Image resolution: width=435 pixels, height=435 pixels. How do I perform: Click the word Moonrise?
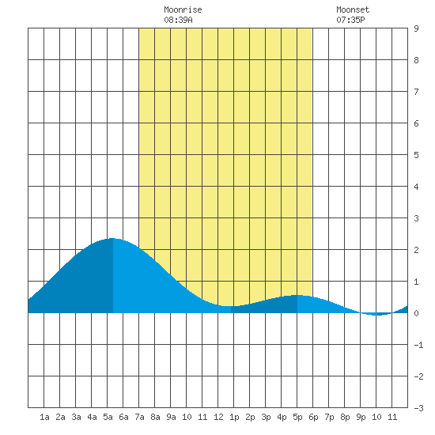click(x=183, y=9)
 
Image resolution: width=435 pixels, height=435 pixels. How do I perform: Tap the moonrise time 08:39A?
click(x=178, y=20)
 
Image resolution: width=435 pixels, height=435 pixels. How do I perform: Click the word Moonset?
click(x=353, y=9)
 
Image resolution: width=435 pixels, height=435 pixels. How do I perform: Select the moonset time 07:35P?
click(x=350, y=20)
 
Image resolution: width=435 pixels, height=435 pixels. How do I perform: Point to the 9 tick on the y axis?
click(x=416, y=28)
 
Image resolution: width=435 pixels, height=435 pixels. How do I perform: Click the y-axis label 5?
click(x=416, y=155)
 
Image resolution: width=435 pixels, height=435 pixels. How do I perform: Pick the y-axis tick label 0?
click(x=416, y=313)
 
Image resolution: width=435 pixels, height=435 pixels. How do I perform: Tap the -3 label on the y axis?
click(x=418, y=408)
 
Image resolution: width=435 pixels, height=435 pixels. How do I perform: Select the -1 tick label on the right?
click(x=418, y=345)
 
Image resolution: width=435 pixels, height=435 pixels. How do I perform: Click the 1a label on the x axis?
click(x=44, y=417)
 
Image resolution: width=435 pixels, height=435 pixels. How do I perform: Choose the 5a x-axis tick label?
click(x=108, y=417)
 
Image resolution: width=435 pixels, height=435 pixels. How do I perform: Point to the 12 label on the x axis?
click(x=218, y=417)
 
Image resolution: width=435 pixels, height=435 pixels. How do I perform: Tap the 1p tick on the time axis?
click(x=234, y=417)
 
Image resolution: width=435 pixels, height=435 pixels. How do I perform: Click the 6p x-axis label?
click(x=313, y=417)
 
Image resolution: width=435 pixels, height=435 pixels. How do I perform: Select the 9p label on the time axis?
click(x=361, y=417)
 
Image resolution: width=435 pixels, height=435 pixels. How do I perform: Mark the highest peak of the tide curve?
click(x=112, y=238)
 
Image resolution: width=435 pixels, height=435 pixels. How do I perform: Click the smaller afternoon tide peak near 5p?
click(x=297, y=296)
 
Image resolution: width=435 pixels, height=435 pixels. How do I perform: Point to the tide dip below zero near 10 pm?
click(x=377, y=315)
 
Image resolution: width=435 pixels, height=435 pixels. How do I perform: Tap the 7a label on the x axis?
click(x=139, y=417)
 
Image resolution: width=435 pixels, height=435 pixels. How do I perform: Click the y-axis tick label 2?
click(x=416, y=250)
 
